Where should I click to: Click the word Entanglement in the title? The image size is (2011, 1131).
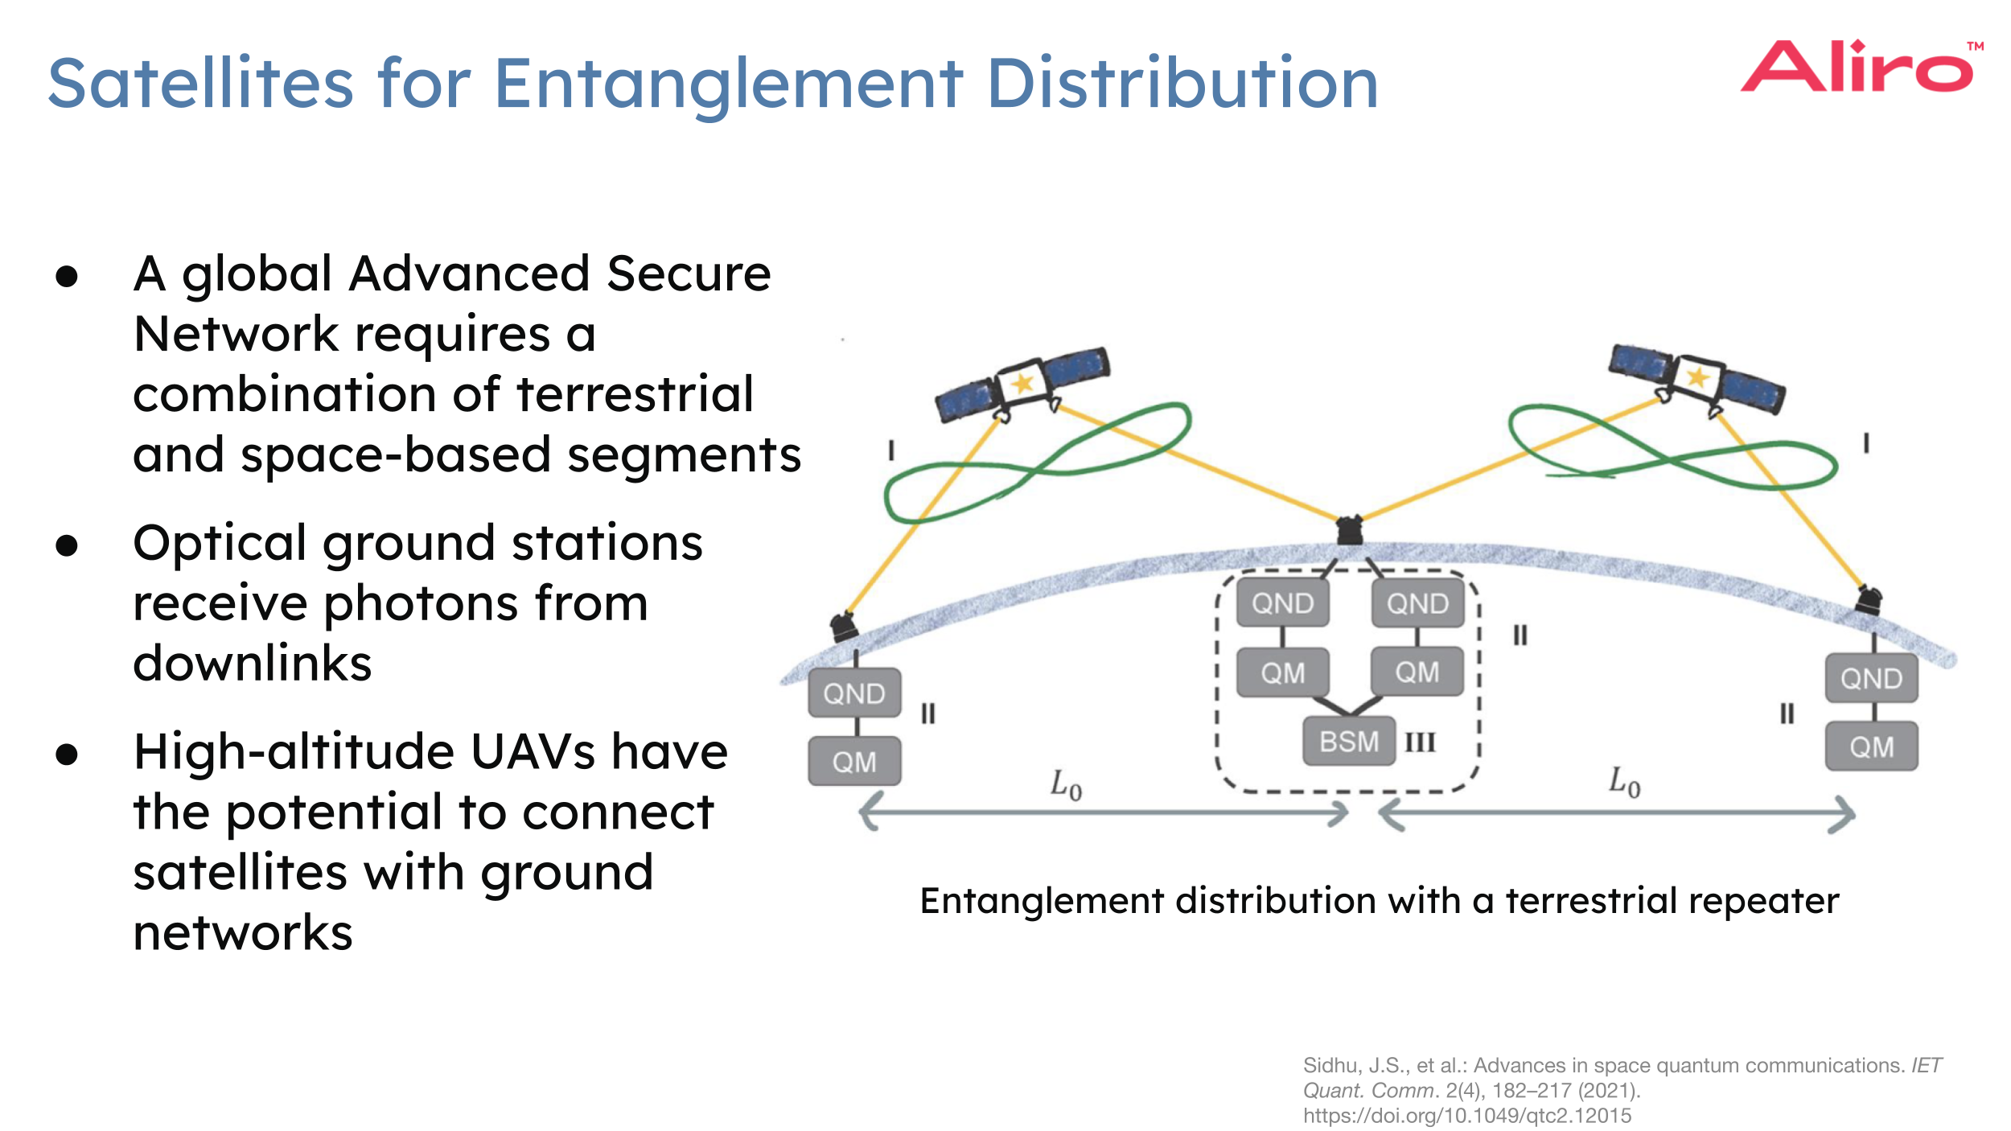coord(728,84)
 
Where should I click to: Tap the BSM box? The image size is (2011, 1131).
coord(1349,741)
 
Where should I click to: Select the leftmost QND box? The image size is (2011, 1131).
coord(854,693)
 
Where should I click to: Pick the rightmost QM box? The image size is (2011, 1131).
coord(1871,746)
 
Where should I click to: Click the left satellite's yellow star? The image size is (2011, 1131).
coord(1022,383)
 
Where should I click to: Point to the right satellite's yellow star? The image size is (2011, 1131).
coord(1697,376)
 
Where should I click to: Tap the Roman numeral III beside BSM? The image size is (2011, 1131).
coord(1420,742)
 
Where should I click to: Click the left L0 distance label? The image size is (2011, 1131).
coord(1066,783)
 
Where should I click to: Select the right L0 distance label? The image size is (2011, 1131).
coord(1624,781)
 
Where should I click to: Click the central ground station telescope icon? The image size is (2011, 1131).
coord(1349,531)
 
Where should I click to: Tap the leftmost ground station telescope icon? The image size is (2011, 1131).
coord(844,626)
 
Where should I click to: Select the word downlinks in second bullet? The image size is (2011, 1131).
coord(253,664)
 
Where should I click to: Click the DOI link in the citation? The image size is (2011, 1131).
coord(1466,1116)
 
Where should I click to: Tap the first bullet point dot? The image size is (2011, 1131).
coord(67,277)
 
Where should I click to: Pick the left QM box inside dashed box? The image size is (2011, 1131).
coord(1282,672)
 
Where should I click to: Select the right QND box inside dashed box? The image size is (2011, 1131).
coord(1417,603)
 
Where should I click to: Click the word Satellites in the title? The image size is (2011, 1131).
coord(201,84)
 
